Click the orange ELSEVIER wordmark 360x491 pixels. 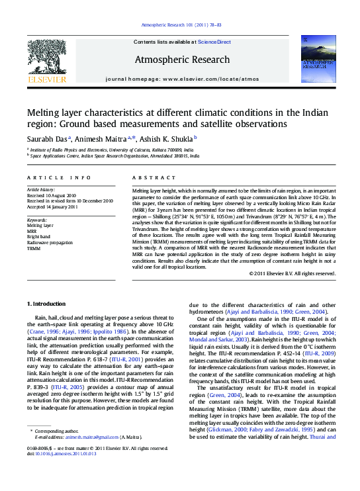[x=46, y=79]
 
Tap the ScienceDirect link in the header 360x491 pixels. [x=214, y=42]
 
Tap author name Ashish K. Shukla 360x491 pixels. [x=165, y=138]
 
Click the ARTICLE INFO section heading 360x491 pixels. [x=59, y=178]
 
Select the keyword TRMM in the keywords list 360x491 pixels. [x=34, y=249]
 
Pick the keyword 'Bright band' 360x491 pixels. [x=39, y=236]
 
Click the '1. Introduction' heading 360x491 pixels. [x=46, y=303]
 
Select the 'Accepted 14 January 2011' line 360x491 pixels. [x=52, y=206]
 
